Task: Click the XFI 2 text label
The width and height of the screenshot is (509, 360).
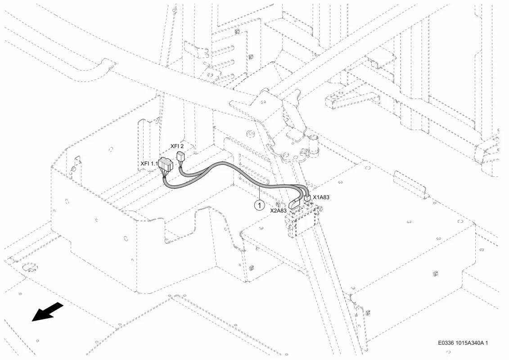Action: tap(177, 146)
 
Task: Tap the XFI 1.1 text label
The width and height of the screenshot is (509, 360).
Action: tap(149, 163)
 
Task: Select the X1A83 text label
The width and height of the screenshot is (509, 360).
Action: tap(321, 197)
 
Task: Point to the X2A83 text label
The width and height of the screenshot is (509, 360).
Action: tap(279, 210)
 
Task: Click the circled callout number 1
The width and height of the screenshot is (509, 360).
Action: tap(259, 205)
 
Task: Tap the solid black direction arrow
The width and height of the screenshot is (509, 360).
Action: tap(47, 312)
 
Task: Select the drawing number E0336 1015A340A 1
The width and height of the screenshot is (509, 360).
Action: tap(463, 343)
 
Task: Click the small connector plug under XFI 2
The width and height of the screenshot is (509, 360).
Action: tap(180, 157)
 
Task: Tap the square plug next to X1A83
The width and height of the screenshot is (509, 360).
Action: tap(307, 198)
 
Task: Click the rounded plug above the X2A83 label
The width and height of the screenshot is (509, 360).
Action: tap(294, 204)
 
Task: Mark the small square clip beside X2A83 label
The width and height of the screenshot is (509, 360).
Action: tap(278, 204)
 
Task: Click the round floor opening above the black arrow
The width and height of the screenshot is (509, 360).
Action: tap(30, 268)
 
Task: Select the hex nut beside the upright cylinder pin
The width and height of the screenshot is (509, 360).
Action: tap(305, 151)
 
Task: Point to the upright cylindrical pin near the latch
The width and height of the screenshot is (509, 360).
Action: tap(314, 145)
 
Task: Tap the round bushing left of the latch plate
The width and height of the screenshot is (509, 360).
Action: tap(250, 134)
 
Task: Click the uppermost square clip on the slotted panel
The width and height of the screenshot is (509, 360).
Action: tap(236, 31)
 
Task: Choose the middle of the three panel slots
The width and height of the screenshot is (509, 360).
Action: tap(223, 63)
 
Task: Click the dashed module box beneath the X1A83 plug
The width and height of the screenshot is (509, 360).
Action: tap(302, 221)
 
